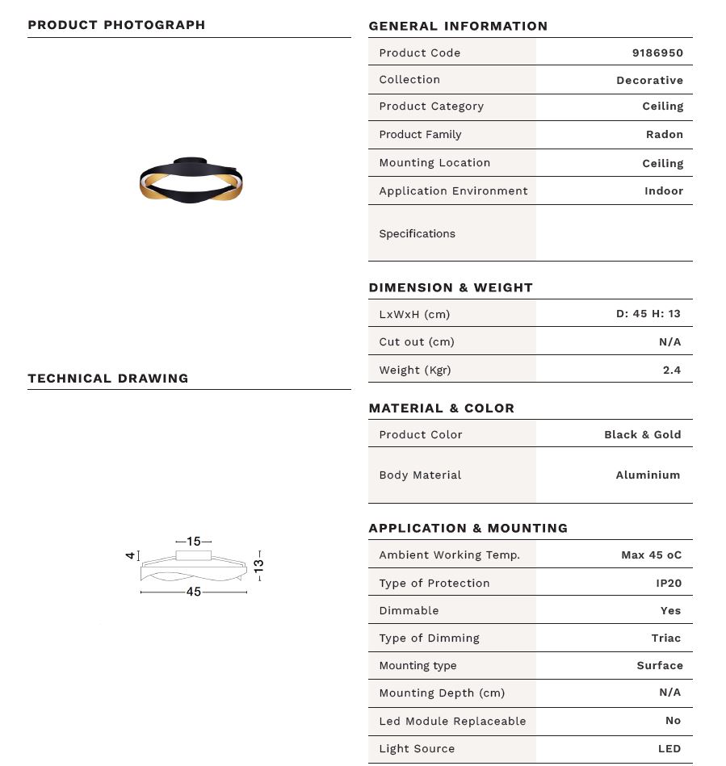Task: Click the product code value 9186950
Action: coord(657,52)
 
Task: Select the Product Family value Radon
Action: coord(664,135)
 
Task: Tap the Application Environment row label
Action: coord(453,191)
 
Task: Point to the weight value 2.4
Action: coord(671,370)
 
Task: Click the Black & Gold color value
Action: coord(642,434)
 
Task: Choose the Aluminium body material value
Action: coord(648,475)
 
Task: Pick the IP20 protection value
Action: coord(668,583)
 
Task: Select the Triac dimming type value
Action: coord(665,638)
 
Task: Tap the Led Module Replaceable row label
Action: coord(452,721)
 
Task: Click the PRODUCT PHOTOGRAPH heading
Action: coord(116,25)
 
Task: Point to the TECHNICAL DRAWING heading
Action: coord(108,379)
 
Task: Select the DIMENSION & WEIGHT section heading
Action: coord(451,287)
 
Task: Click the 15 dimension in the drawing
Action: coord(194,542)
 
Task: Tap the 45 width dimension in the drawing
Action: coord(194,592)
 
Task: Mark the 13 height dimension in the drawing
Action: coord(259,565)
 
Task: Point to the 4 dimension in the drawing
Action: coord(129,555)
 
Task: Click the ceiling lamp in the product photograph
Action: coord(191,180)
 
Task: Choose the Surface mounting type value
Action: coord(659,666)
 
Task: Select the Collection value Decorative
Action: coord(649,81)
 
